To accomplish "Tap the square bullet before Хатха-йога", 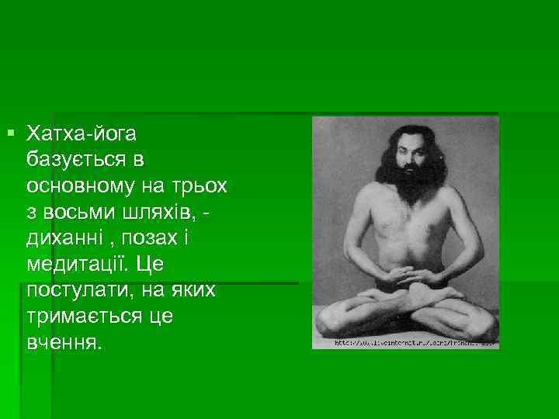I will (x=9, y=134).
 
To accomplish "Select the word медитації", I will (x=78, y=265).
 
